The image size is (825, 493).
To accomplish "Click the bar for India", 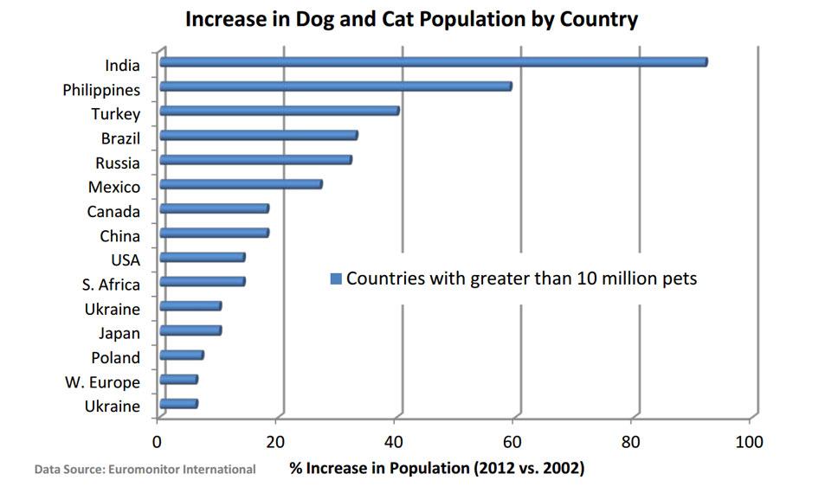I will [433, 61].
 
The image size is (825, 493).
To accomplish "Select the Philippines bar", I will [335, 86].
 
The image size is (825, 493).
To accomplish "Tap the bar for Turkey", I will [279, 111].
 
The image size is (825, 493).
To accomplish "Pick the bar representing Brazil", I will [258, 135].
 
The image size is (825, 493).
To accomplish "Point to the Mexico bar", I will [241, 183].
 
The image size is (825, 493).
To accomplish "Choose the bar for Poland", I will [181, 355].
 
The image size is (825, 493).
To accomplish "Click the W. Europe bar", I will [178, 379].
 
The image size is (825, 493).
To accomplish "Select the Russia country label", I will [119, 163].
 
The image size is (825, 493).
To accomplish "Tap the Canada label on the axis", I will [113, 211].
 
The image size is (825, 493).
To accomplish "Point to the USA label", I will [125, 259].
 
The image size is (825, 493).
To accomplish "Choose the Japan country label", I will [119, 333].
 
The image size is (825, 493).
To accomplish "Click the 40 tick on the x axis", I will [395, 442].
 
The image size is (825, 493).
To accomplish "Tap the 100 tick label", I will [749, 442].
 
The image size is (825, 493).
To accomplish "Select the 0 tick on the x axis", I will [158, 442].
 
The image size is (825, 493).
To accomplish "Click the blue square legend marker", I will [335, 279].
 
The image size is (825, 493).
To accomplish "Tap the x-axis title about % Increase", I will [437, 469].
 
